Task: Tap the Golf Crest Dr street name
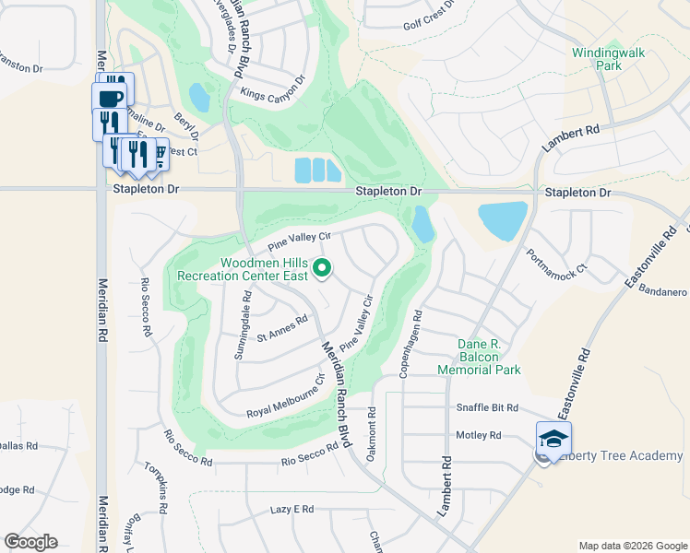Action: [x=430, y=25]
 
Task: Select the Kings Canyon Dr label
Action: [x=272, y=87]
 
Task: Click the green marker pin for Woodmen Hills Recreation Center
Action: [x=323, y=268]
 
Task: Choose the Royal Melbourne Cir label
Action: [x=286, y=397]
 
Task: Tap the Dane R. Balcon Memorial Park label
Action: [x=489, y=357]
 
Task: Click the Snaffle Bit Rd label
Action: [x=487, y=407]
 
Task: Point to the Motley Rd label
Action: [x=478, y=435]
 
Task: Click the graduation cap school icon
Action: [x=553, y=439]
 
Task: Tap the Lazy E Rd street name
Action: [x=292, y=509]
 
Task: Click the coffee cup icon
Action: [x=109, y=97]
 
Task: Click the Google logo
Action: [x=30, y=542]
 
